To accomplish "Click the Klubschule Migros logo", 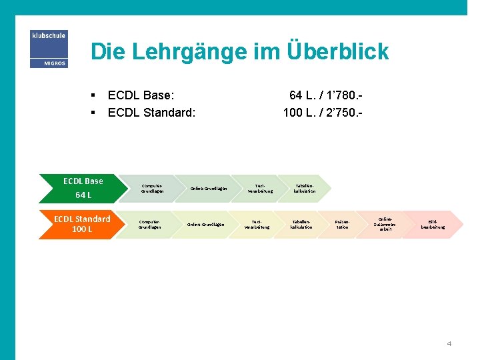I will (49, 49).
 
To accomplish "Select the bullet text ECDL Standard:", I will (151, 112).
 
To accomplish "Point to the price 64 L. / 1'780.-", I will (325, 95).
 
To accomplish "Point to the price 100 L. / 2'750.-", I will (323, 112).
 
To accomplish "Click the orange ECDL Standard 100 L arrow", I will (80, 224).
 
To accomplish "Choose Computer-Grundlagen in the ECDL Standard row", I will (149, 225).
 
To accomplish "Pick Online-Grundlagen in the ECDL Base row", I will (208, 189).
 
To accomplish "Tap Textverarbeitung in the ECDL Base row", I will (260, 189).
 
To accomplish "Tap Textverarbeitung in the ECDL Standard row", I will (257, 225).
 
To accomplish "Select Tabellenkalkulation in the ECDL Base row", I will (304, 189).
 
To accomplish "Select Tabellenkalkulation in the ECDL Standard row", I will (301, 225).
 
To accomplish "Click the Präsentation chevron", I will (342, 225).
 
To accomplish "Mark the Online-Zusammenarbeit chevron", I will (385, 224).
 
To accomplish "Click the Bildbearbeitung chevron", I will (433, 225).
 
